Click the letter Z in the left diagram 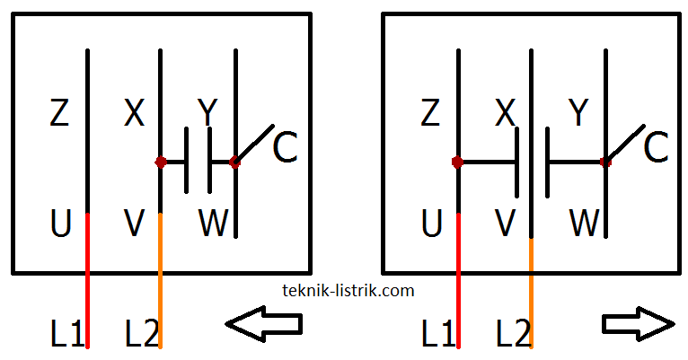[x=59, y=114]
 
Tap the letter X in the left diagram [x=134, y=114]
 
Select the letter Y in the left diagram [x=207, y=114]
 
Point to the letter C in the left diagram [x=285, y=149]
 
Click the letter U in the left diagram [x=60, y=224]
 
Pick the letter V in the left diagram [x=134, y=224]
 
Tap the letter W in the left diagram [x=214, y=224]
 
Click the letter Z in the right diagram [x=430, y=114]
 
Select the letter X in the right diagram [x=506, y=114]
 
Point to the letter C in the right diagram [x=656, y=149]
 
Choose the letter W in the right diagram [x=585, y=224]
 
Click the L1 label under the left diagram [x=67, y=334]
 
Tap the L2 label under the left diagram [x=142, y=334]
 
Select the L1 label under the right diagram [x=439, y=334]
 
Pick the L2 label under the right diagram [x=514, y=334]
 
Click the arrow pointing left [x=263, y=323]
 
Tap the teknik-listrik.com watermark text [x=348, y=290]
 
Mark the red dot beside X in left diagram [x=161, y=162]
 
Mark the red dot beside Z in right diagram [x=458, y=162]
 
